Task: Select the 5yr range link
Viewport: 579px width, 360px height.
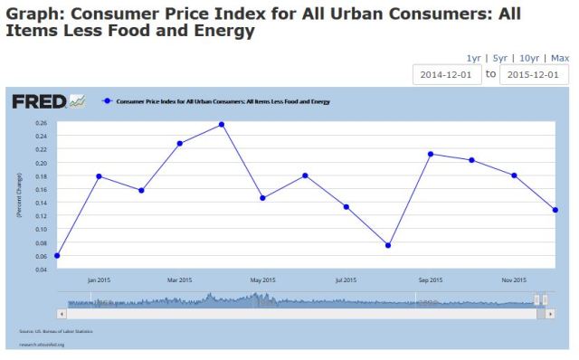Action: [x=499, y=57]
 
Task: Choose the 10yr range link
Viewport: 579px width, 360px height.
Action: [x=528, y=57]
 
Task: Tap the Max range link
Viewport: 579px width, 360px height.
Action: [x=559, y=57]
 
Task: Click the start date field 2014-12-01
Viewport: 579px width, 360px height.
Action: [x=447, y=75]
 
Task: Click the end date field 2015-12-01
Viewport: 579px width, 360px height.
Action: [x=534, y=75]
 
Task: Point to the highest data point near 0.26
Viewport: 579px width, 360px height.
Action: [x=222, y=124]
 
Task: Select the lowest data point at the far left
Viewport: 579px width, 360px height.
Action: [x=57, y=255]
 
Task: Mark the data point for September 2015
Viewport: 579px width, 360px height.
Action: [x=431, y=154]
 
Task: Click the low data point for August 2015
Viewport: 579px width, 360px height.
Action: [x=388, y=245]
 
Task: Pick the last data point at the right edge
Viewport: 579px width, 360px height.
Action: [x=555, y=210]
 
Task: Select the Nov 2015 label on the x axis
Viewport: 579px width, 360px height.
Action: [x=514, y=279]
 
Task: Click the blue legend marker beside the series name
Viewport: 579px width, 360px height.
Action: [x=108, y=100]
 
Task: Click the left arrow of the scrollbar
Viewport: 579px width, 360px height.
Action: [x=62, y=313]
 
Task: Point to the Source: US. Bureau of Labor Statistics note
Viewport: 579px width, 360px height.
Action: [x=55, y=332]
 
